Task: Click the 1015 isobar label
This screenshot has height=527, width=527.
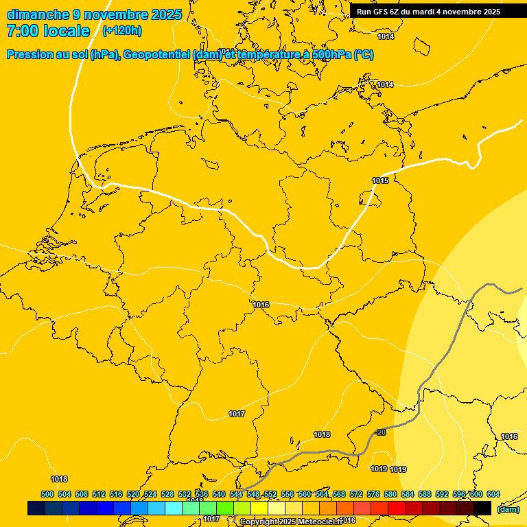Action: click(x=380, y=180)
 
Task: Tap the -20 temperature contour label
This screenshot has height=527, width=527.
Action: click(x=380, y=432)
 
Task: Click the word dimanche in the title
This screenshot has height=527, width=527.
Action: click(x=38, y=14)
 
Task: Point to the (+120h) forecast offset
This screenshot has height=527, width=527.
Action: click(x=121, y=31)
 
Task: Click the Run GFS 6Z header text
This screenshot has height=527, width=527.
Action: click(x=377, y=12)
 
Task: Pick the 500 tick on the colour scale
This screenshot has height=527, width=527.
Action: click(x=47, y=494)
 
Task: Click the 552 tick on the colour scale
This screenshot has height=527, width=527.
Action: click(x=270, y=494)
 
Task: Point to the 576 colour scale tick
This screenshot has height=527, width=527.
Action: click(x=373, y=494)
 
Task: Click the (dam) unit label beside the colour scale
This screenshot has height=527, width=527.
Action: click(x=508, y=509)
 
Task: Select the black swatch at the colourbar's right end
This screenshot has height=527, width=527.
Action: click(x=482, y=508)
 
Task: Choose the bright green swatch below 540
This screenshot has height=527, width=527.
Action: click(x=225, y=508)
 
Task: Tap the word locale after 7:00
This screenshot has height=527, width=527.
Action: click(x=67, y=31)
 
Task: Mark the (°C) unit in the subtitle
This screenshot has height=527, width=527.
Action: click(x=363, y=55)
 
